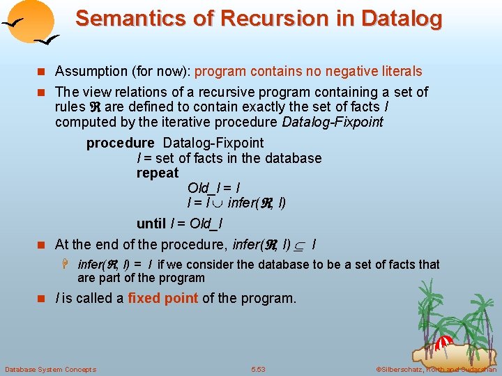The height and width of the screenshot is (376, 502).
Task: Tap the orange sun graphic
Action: pos(33,21)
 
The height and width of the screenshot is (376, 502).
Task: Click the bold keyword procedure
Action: pos(120,143)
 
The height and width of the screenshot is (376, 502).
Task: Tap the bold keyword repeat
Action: pos(158,173)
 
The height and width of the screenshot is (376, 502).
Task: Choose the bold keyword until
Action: pos(151,224)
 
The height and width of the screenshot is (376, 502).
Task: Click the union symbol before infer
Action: pos(216,204)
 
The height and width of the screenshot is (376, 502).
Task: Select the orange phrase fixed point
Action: pos(164,299)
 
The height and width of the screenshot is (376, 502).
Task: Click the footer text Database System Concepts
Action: pos(50,369)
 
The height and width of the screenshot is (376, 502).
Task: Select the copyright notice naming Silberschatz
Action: pos(435,369)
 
